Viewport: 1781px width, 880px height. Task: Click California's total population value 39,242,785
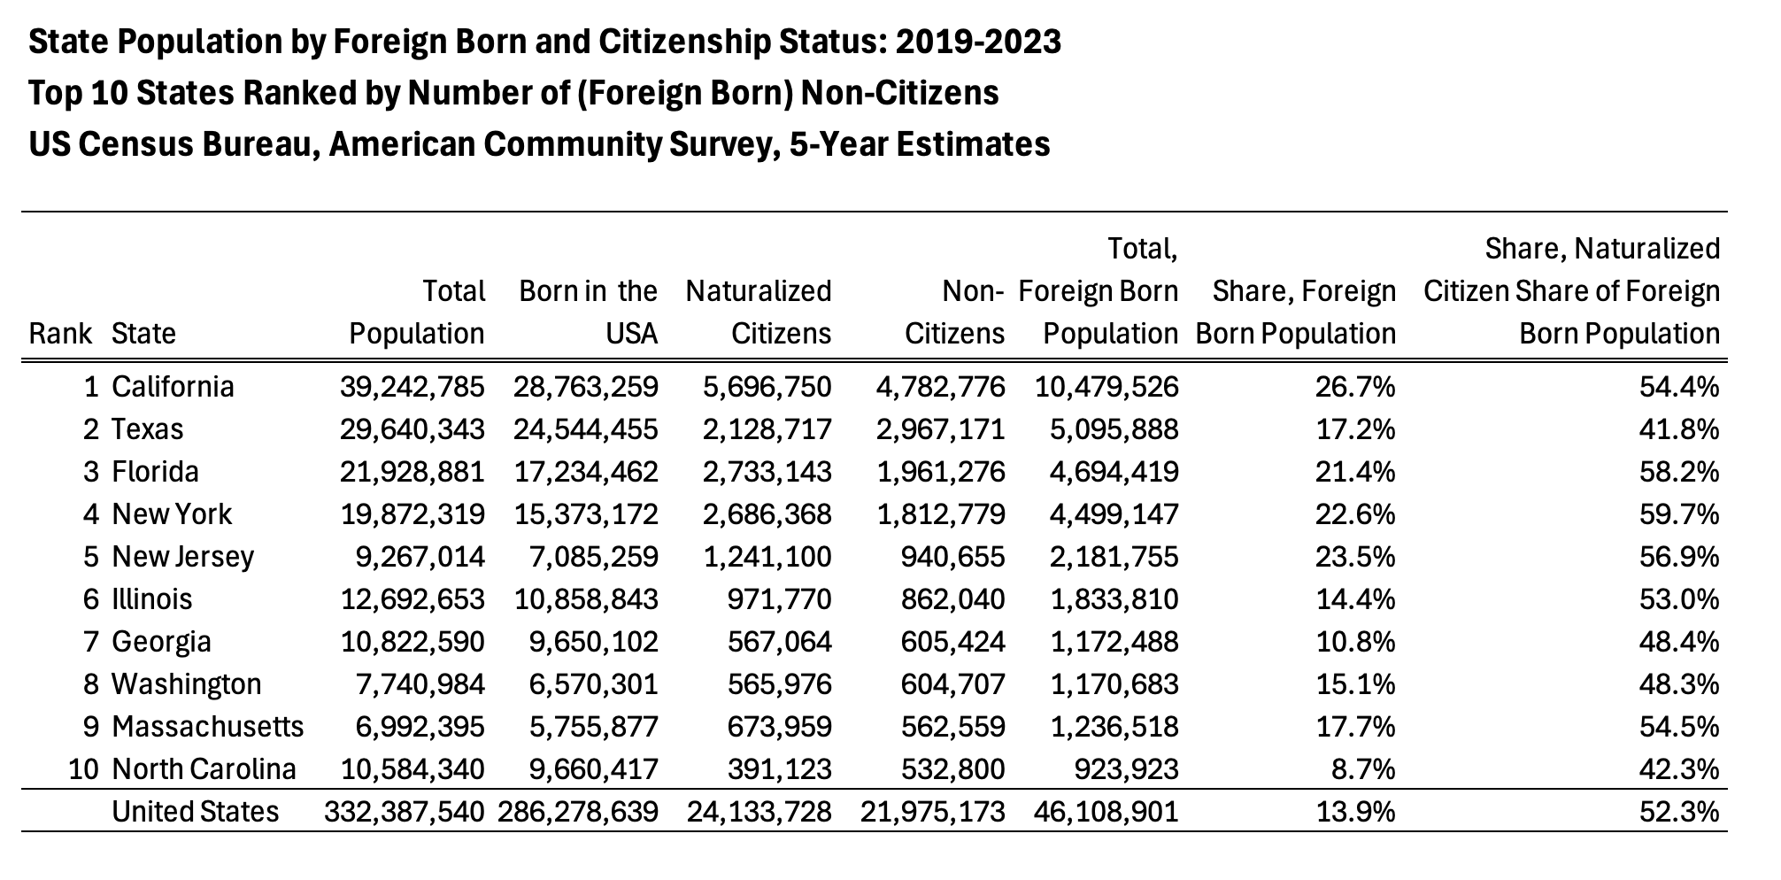pyautogui.click(x=412, y=387)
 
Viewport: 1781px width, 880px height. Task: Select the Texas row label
pyautogui.click(x=148, y=429)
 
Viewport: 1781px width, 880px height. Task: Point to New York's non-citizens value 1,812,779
pyautogui.click(x=941, y=514)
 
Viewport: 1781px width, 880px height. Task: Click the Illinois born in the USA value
pyautogui.click(x=587, y=599)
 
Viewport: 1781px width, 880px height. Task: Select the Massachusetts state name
pyautogui.click(x=208, y=727)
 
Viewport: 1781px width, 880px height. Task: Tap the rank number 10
pyautogui.click(x=82, y=769)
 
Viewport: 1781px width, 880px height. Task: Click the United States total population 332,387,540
pyautogui.click(x=405, y=812)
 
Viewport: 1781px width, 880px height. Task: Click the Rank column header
pyautogui.click(x=61, y=334)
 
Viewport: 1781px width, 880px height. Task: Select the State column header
pyautogui.click(x=144, y=334)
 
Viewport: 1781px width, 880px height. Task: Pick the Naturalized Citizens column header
pyautogui.click(x=759, y=313)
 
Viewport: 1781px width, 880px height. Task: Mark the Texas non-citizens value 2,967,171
pyautogui.click(x=941, y=429)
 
